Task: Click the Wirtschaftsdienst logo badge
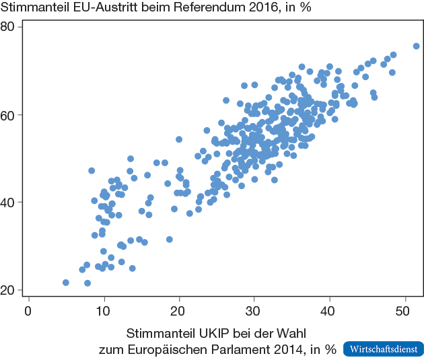pyautogui.click(x=384, y=349)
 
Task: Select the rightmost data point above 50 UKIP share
pyautogui.click(x=416, y=46)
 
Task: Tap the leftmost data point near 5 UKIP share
pyautogui.click(x=66, y=283)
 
